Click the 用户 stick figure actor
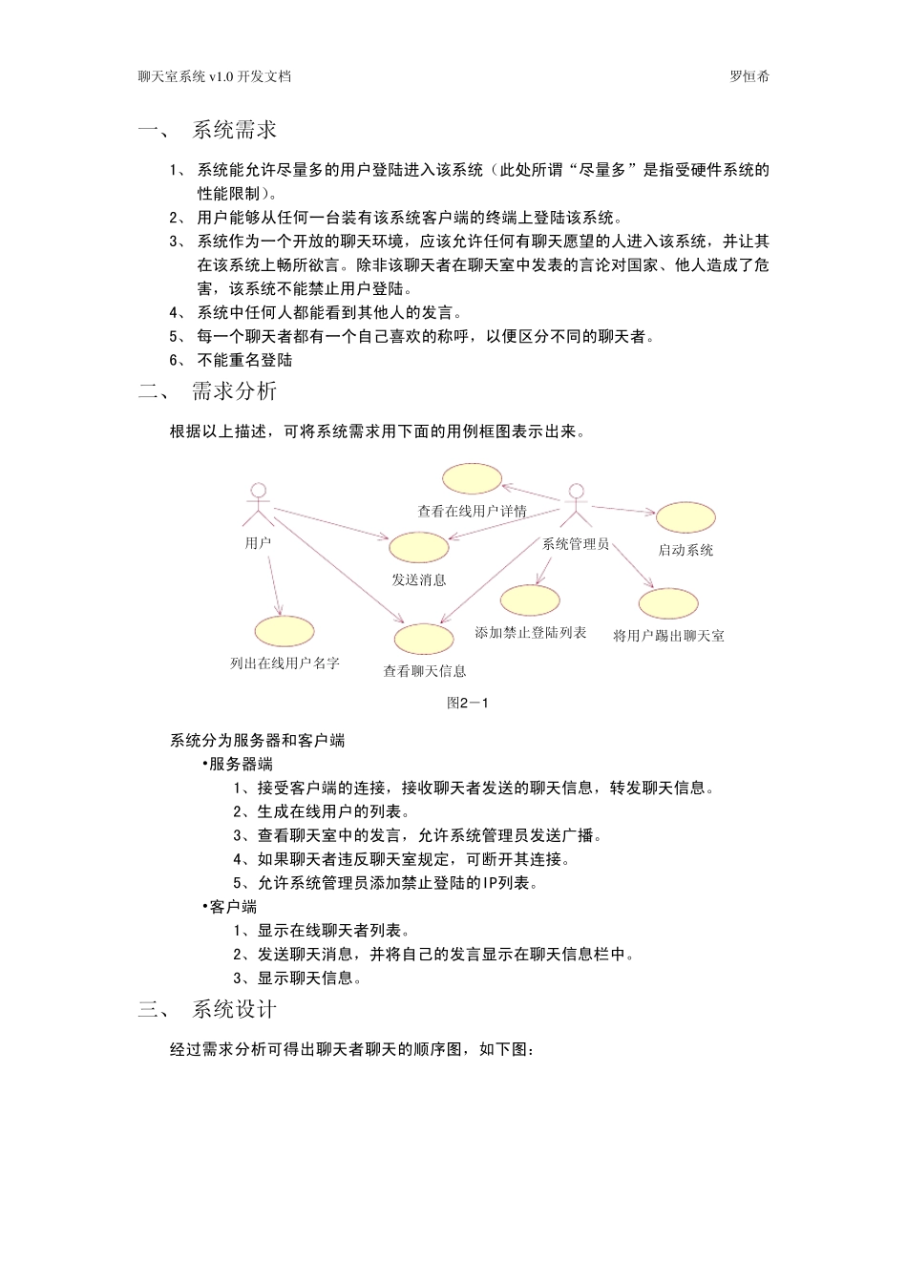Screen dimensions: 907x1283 pos(257,505)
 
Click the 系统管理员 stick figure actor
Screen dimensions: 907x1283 pos(575,505)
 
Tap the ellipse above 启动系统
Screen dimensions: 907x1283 pos(686,517)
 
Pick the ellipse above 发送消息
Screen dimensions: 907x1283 pos(418,547)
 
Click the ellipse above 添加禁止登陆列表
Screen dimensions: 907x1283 pos(530,599)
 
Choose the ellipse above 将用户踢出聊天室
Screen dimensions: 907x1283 pos(668,604)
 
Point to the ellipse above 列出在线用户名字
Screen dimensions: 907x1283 pos(285,631)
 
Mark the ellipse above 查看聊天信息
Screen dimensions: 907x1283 pos(424,639)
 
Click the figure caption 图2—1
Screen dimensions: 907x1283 pos(468,704)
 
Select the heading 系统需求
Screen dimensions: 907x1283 pos(235,131)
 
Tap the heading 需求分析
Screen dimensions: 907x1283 pos(235,390)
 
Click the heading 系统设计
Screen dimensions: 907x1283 pos(235,1009)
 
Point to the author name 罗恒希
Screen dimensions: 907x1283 pos(749,76)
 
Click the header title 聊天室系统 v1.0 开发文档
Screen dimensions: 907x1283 pos(214,76)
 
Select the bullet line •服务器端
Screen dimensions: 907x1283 pos(238,764)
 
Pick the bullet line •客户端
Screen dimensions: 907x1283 pos(230,906)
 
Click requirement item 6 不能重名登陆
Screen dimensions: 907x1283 pos(244,360)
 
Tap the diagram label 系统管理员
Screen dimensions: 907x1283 pos(576,544)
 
